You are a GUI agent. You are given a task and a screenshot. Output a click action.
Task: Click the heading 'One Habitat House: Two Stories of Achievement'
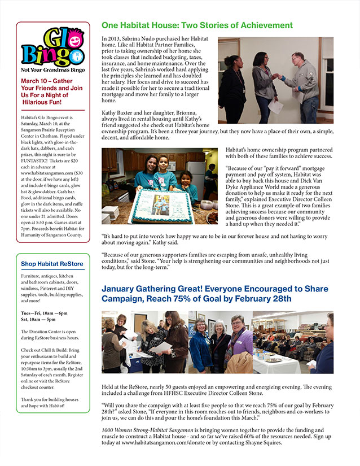point(197,25)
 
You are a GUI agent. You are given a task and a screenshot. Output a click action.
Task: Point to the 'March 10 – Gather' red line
point(51,81)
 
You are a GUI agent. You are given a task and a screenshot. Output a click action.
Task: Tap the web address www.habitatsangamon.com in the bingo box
point(46,165)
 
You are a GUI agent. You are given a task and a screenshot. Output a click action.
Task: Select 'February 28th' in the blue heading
point(264,299)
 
